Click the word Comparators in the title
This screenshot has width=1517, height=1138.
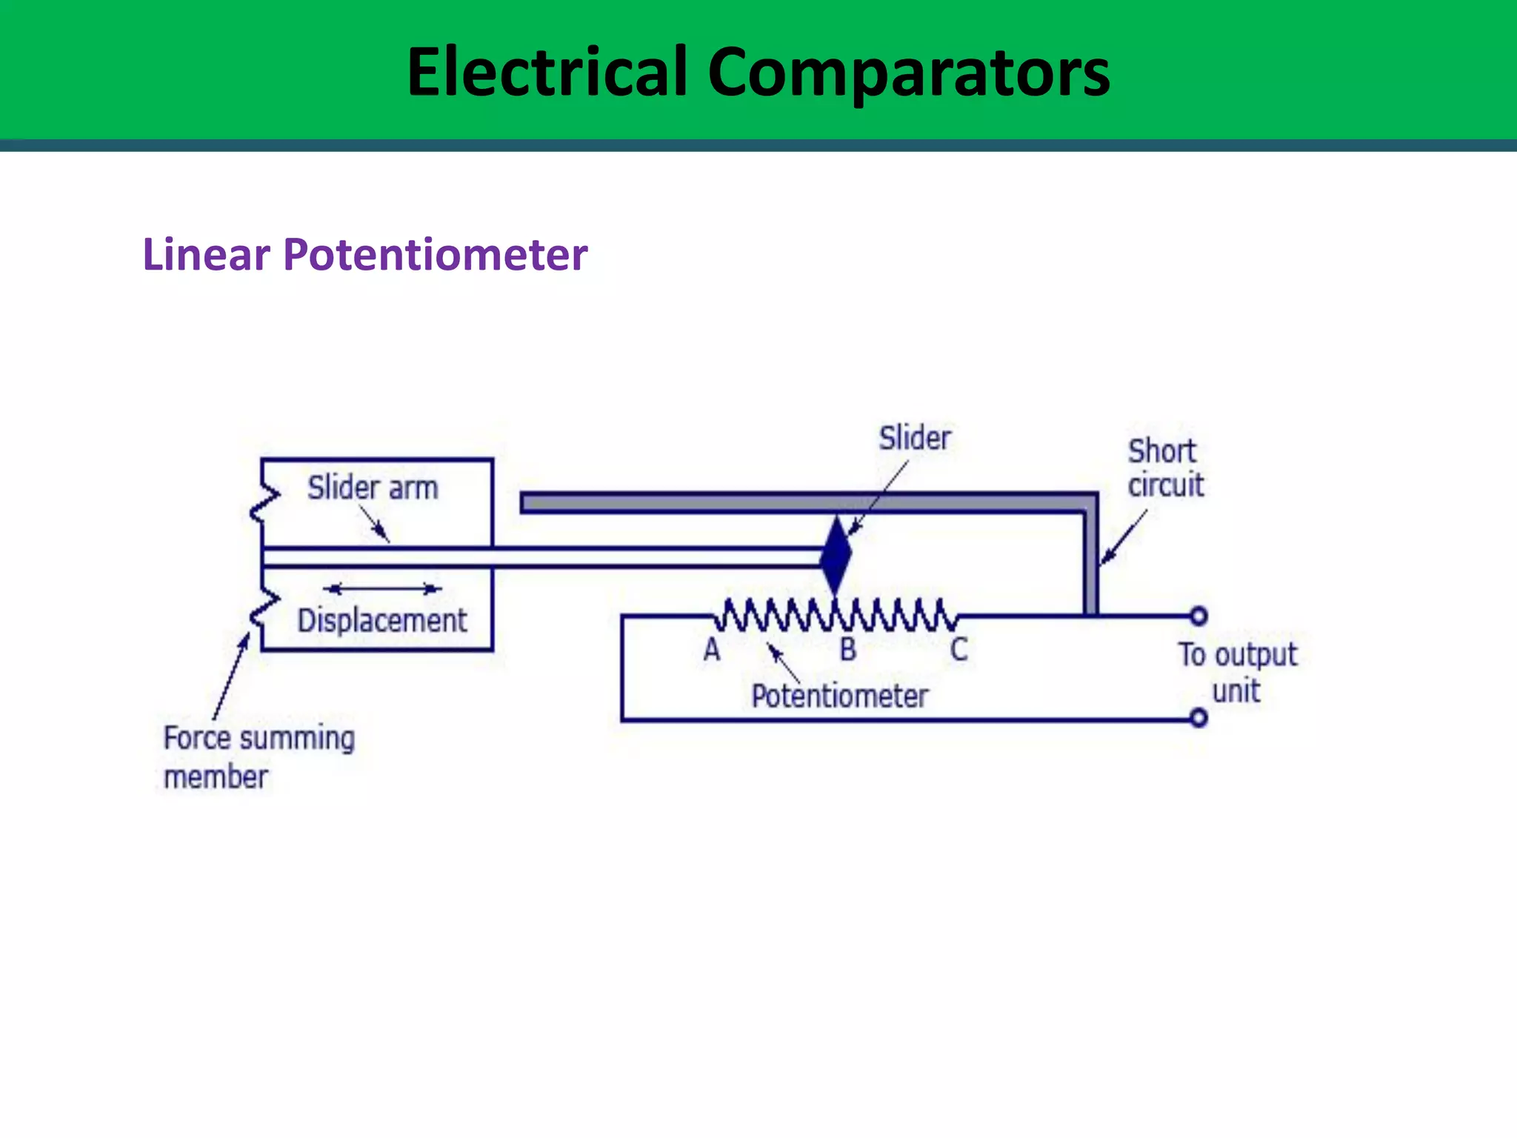coord(909,73)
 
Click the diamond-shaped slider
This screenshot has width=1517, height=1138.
coord(836,555)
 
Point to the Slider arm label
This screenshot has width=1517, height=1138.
coord(373,488)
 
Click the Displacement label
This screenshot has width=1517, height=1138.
coord(382,620)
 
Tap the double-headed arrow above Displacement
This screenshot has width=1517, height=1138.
coord(382,589)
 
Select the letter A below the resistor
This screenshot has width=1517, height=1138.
coord(712,649)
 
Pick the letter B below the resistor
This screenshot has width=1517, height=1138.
coord(848,649)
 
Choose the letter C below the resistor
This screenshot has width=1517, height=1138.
coord(959,649)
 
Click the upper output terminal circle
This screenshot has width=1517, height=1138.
coord(1198,616)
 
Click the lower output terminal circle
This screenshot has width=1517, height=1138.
coord(1198,718)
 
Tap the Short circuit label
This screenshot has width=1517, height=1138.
coord(1165,468)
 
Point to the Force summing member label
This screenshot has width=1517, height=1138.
coord(259,757)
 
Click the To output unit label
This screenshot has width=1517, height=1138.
coord(1238,673)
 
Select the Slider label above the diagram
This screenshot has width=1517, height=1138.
coord(915,438)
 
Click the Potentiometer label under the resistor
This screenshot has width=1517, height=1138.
coord(839,696)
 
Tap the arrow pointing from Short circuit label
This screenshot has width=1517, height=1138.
coord(1124,537)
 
